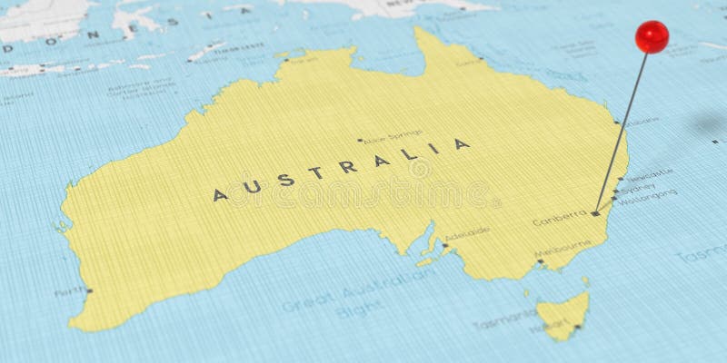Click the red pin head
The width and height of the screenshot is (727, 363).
click(652, 36)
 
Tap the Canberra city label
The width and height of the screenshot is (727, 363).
click(559, 219)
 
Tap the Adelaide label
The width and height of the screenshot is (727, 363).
click(469, 233)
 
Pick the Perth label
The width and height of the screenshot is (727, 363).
click(68, 292)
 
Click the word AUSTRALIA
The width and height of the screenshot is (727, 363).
click(342, 169)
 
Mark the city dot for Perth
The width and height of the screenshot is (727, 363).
click(89, 291)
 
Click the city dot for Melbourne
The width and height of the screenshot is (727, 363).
click(540, 261)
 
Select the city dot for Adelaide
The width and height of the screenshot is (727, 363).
click(444, 245)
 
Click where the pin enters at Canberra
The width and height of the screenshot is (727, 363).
click(594, 214)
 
